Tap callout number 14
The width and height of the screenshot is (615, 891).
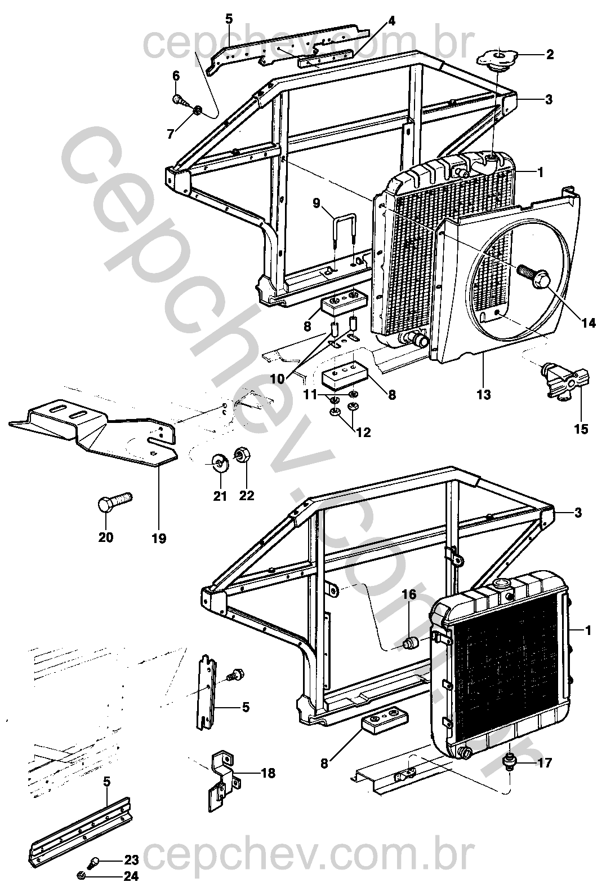pos(589,323)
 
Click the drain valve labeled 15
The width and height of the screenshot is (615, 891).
pos(567,384)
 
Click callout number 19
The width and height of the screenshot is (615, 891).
pos(159,538)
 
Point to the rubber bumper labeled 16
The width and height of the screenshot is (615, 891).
pos(412,642)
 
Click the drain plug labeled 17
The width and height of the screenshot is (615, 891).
pos(509,762)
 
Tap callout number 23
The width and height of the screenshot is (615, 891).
pos(131,861)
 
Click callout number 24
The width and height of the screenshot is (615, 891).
pos(131,876)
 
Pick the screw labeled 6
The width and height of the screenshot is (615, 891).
pos(180,102)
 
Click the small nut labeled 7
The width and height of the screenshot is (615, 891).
pos(198,111)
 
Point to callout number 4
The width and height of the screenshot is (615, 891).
pos(391,21)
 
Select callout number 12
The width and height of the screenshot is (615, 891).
pos(364,433)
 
